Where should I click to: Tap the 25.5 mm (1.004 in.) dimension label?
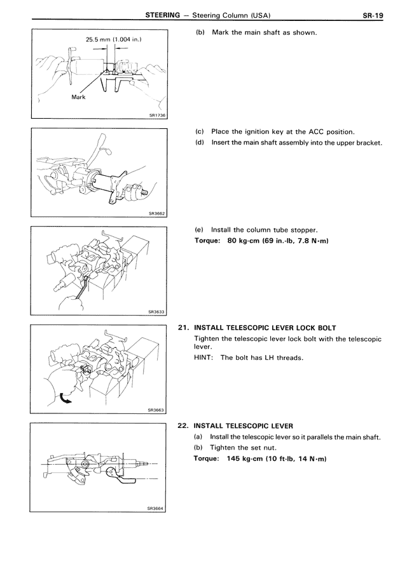point(113,39)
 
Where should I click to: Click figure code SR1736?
point(156,115)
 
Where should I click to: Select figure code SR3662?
point(156,213)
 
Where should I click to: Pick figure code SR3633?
point(156,312)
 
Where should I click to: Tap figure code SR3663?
point(156,410)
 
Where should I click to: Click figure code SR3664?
point(156,509)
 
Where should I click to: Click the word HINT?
point(203,358)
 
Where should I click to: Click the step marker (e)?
point(199,230)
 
